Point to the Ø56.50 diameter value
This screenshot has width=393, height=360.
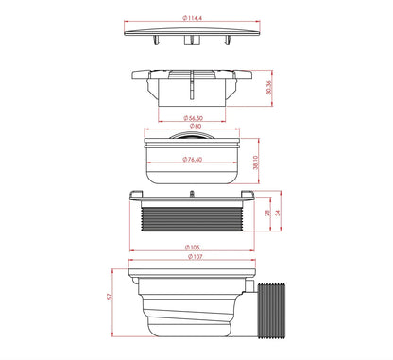196,117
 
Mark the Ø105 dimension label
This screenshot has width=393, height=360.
194,249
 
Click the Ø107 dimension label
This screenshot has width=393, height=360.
194,257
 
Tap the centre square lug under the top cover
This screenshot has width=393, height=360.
193,42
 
